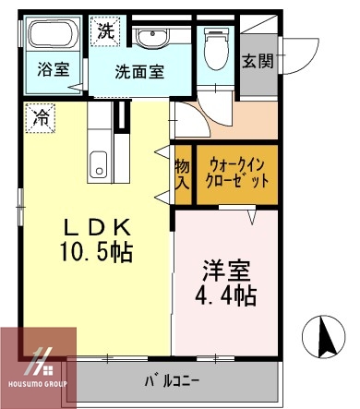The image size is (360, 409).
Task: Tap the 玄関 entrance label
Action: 258,61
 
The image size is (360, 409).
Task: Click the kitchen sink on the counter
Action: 98,167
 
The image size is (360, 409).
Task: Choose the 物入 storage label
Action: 182,173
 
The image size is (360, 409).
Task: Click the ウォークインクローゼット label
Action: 234,170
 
